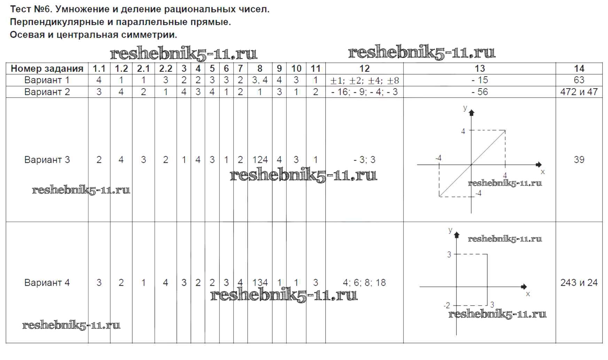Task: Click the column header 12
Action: pyautogui.click(x=364, y=69)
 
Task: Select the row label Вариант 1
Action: pyautogui.click(x=47, y=80)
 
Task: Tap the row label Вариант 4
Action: pyautogui.click(x=47, y=283)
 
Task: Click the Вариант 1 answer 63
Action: pyautogui.click(x=579, y=80)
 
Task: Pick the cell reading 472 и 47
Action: pyautogui.click(x=579, y=92)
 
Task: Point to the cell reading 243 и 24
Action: pyautogui.click(x=579, y=283)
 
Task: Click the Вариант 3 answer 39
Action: pyautogui.click(x=579, y=160)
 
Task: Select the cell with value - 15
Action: pyautogui.click(x=480, y=80)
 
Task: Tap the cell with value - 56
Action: pyautogui.click(x=480, y=92)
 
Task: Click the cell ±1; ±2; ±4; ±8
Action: pyautogui.click(x=364, y=81)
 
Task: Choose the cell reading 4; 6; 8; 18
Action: pyautogui.click(x=364, y=283)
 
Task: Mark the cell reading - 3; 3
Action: pyautogui.click(x=364, y=160)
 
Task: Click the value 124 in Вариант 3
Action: pyautogui.click(x=260, y=160)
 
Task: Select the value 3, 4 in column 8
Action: pyautogui.click(x=260, y=80)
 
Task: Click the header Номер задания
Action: pyautogui.click(x=47, y=69)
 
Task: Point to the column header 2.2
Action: pyautogui.click(x=165, y=69)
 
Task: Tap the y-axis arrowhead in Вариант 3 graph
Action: pyautogui.click(x=471, y=113)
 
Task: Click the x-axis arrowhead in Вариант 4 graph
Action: pyautogui.click(x=524, y=286)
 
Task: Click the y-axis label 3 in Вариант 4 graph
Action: pyautogui.click(x=449, y=255)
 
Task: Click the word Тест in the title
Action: pyautogui.click(x=21, y=9)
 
